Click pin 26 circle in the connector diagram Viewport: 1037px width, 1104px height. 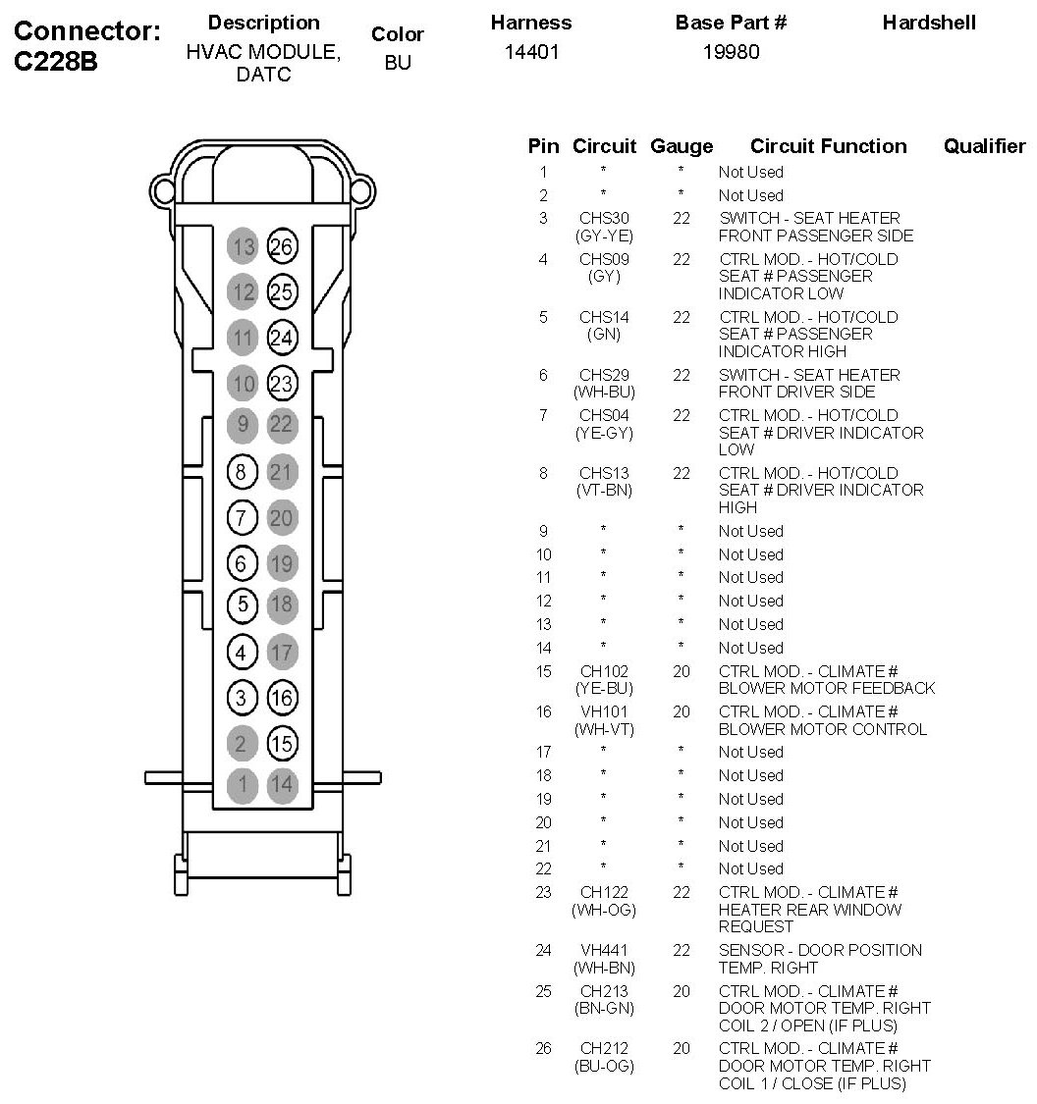click(x=282, y=246)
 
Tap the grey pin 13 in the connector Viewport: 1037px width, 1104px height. click(x=242, y=246)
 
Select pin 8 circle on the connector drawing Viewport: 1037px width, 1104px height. click(x=242, y=472)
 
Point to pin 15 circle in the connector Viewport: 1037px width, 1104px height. click(x=282, y=744)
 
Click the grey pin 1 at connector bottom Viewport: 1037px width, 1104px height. click(x=242, y=784)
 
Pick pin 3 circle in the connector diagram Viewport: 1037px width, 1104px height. click(x=242, y=698)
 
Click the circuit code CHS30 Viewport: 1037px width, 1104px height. click(x=603, y=218)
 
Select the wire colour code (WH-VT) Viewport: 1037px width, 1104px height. click(x=603, y=729)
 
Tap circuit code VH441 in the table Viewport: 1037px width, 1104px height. click(x=603, y=950)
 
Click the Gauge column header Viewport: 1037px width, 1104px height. click(x=682, y=146)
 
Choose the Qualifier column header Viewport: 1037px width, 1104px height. click(x=984, y=146)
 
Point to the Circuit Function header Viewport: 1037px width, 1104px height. click(x=828, y=146)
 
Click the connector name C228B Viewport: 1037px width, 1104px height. click(x=56, y=62)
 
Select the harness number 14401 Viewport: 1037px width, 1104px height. click(x=531, y=52)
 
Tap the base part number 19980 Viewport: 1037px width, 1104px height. click(x=731, y=52)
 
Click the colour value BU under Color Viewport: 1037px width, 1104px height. click(x=398, y=63)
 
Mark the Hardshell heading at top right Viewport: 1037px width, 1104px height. click(x=929, y=23)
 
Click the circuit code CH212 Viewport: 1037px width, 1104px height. click(x=603, y=1048)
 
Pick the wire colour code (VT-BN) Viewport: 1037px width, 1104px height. click(x=603, y=490)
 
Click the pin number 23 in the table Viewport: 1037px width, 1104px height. click(x=543, y=892)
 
